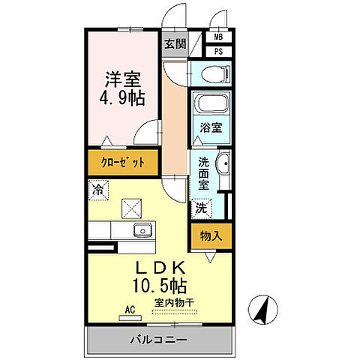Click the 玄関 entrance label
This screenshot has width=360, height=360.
pyautogui.click(x=175, y=43)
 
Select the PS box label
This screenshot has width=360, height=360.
pyautogui.click(x=218, y=51)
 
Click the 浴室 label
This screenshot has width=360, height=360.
pyautogui.click(x=210, y=128)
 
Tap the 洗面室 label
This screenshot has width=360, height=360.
pyautogui.click(x=204, y=172)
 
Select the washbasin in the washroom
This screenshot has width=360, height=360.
pyautogui.click(x=223, y=166)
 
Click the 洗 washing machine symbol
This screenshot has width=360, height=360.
pyautogui.click(x=201, y=208)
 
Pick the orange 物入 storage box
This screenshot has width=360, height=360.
pyautogui.click(x=211, y=235)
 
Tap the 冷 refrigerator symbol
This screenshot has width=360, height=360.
pyautogui.click(x=97, y=191)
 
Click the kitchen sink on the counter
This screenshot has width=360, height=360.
pyautogui.click(x=139, y=230)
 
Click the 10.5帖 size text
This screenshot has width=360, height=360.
pyautogui.click(x=160, y=286)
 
